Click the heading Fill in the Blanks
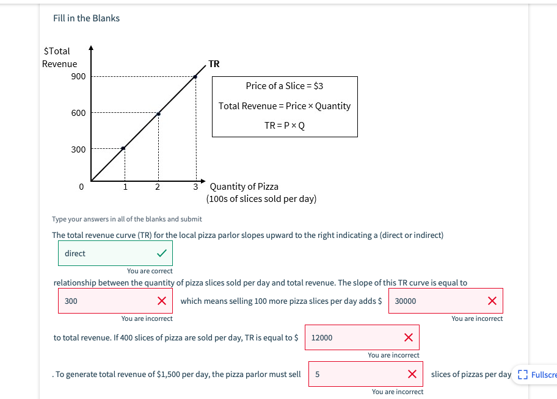click(86, 18)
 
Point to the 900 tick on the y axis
click(79, 76)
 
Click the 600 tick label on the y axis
click(79, 113)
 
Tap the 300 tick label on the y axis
click(79, 149)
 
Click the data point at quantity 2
click(159, 113)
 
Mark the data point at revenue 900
click(195, 77)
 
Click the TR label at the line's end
click(214, 63)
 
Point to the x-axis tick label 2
click(158, 187)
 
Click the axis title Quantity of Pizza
click(244, 187)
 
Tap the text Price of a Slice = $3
click(285, 86)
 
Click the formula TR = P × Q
click(285, 126)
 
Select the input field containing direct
click(107, 253)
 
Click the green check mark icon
click(161, 253)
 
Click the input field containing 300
click(107, 301)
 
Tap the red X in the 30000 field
click(492, 301)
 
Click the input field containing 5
click(357, 374)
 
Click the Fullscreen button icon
click(522, 375)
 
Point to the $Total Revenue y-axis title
click(59, 57)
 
